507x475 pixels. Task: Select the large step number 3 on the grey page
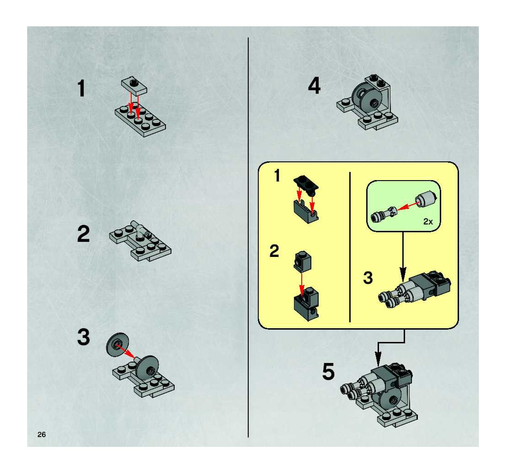click(84, 337)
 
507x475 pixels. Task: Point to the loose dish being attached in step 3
click(117, 345)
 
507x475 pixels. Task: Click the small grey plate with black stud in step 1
click(134, 86)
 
